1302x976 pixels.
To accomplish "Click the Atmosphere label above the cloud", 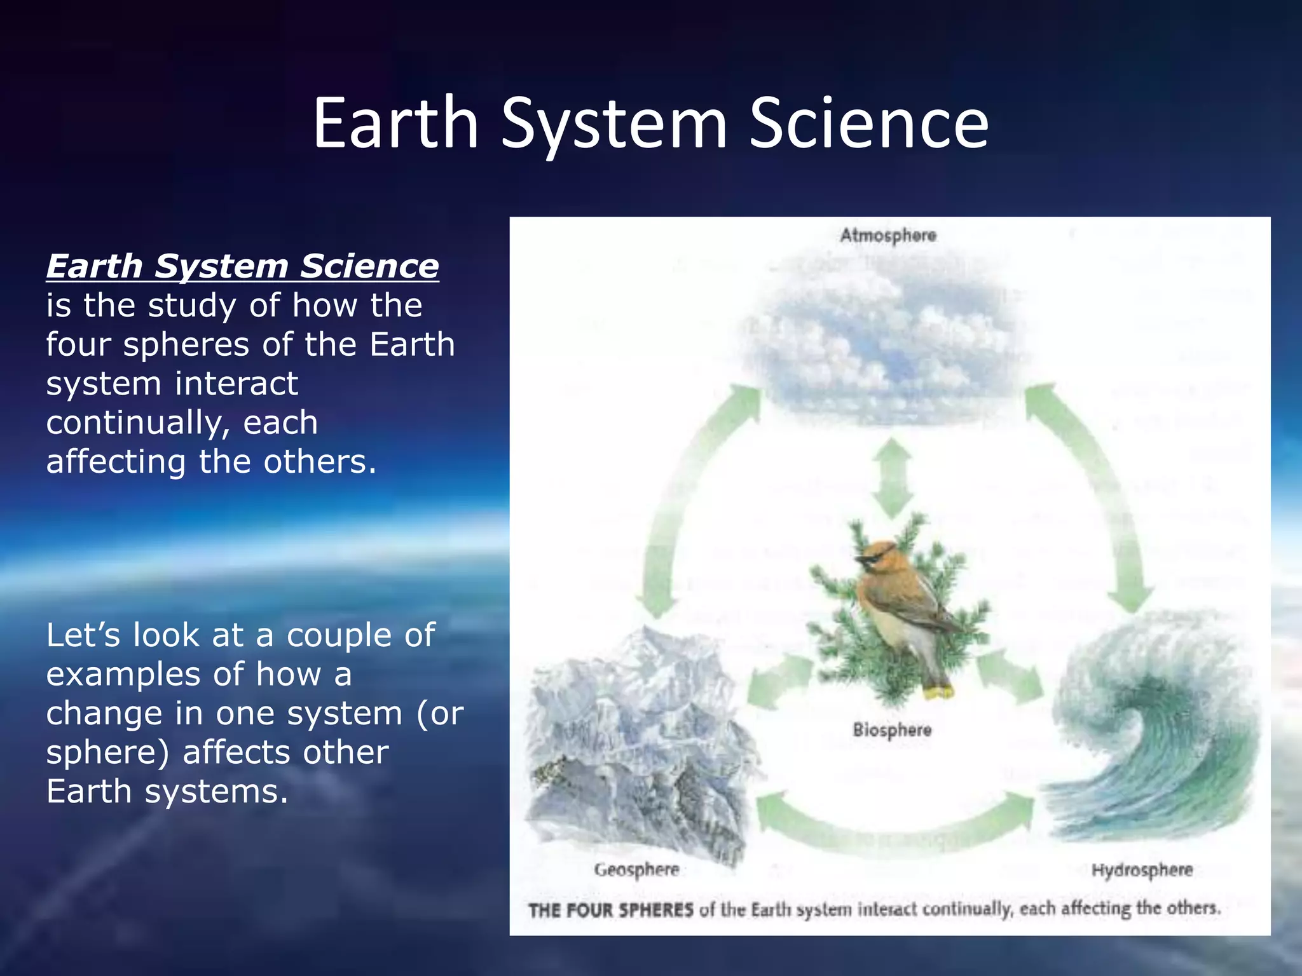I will [x=887, y=235].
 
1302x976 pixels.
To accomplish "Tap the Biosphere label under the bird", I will [x=892, y=729].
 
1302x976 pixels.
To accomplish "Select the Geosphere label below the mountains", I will [x=636, y=869].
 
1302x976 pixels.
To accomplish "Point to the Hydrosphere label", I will [x=1142, y=869].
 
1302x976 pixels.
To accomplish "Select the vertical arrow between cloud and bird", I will [x=892, y=478].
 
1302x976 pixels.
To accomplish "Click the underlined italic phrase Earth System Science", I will [x=242, y=266].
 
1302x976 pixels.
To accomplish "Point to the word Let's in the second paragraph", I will [x=83, y=635].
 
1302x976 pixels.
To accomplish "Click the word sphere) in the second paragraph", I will [x=108, y=752].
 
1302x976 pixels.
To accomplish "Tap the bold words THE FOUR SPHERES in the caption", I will [x=610, y=910].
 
